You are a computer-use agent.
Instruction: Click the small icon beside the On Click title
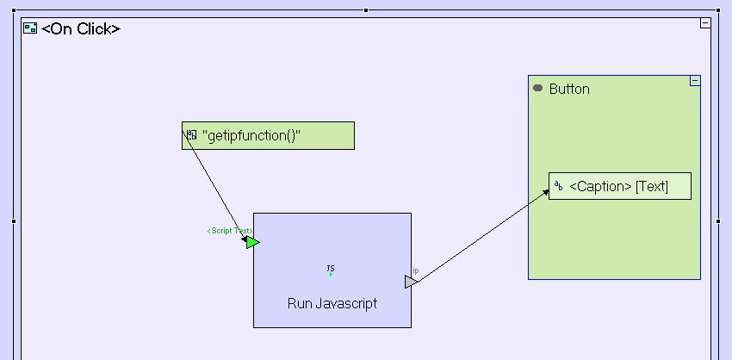point(30,28)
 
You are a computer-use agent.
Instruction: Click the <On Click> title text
point(81,28)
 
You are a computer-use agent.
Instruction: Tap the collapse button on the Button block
point(695,81)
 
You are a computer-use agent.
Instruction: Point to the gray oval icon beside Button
point(538,88)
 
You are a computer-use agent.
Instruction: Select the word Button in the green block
point(569,89)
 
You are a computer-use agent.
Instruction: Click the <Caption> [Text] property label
point(618,186)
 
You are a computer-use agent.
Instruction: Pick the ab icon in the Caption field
point(558,185)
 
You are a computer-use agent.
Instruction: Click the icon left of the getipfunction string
point(191,134)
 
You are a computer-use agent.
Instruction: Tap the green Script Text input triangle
point(251,242)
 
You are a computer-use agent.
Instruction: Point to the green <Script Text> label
point(228,231)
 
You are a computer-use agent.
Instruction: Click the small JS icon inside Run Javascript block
point(331,270)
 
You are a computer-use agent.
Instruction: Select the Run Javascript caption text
point(332,303)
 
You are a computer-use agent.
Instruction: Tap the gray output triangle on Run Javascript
point(411,282)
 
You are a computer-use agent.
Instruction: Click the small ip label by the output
point(416,270)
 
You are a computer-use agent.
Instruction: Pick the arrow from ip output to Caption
point(482,234)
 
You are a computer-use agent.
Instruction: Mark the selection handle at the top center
point(366,10)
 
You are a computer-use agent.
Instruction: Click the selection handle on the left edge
point(14,221)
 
